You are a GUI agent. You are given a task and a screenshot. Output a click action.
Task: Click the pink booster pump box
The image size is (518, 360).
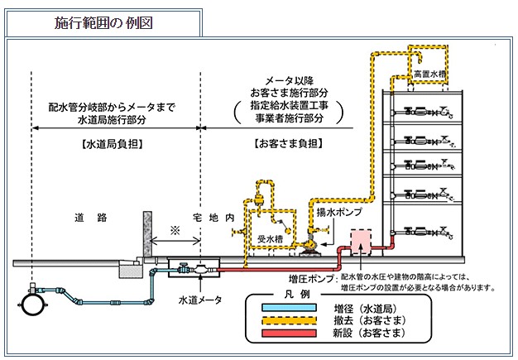[x=362, y=242]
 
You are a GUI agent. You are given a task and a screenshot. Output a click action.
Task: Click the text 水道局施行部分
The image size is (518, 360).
[x=114, y=120]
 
